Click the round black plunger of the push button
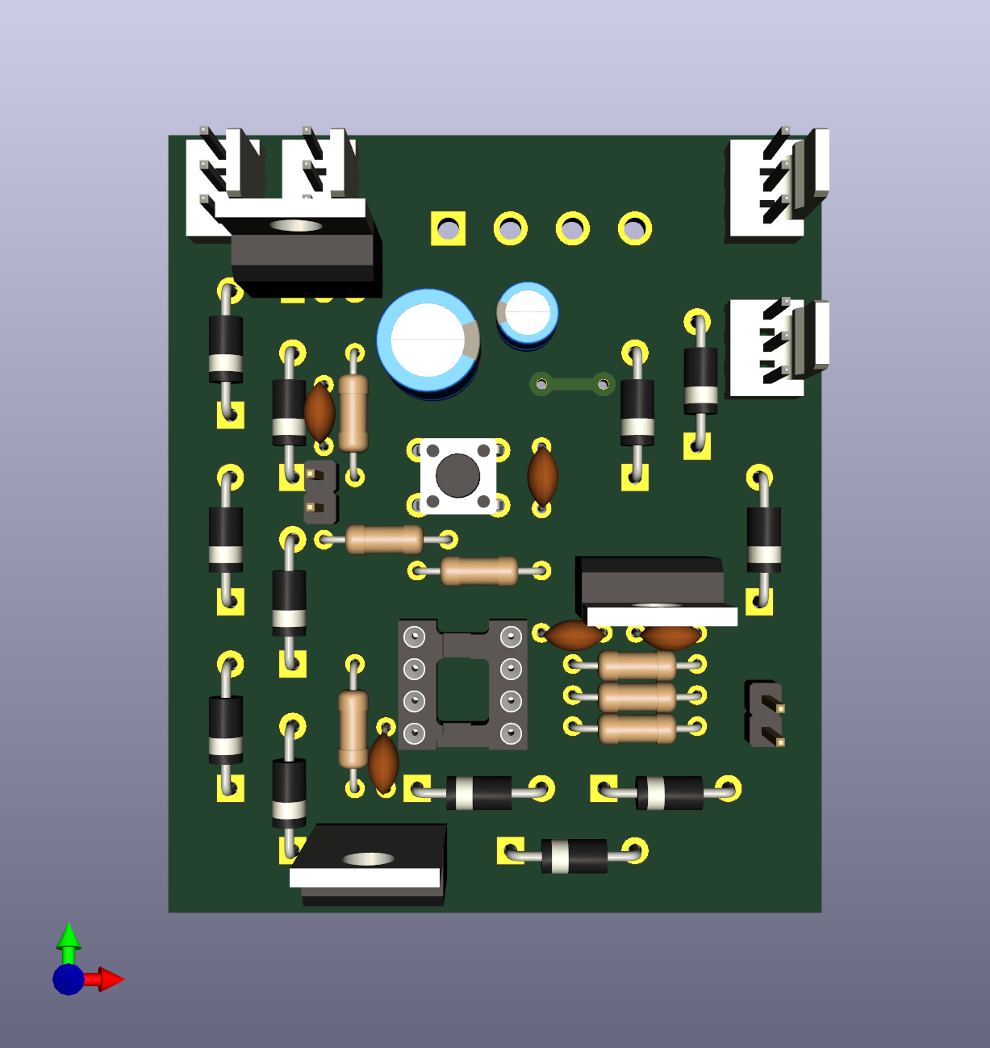click(x=457, y=475)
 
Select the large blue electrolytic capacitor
click(x=428, y=340)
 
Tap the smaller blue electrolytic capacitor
click(x=528, y=313)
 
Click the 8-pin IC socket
click(x=462, y=684)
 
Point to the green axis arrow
click(x=69, y=939)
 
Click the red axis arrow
click(x=109, y=979)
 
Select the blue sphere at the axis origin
click(x=69, y=979)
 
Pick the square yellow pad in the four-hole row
click(x=449, y=229)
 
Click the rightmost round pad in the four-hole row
click(x=635, y=229)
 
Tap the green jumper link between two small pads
click(x=572, y=384)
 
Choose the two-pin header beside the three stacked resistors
click(x=765, y=713)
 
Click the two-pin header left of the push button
click(x=320, y=491)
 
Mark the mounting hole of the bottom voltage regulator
click(x=368, y=859)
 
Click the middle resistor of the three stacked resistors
click(x=637, y=696)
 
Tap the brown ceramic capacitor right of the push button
click(x=542, y=477)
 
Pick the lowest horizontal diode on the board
click(x=574, y=856)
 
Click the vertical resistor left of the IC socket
click(x=353, y=729)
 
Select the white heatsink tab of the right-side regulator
click(x=662, y=616)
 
